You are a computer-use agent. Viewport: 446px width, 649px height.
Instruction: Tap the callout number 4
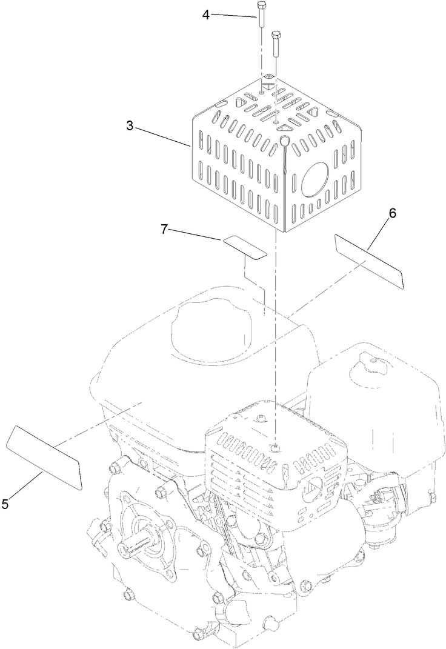click(206, 13)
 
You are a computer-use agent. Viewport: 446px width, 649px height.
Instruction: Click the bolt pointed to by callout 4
click(261, 14)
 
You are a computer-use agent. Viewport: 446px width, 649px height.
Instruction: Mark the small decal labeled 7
click(245, 247)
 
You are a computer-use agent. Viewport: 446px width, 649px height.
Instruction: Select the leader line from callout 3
click(165, 137)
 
